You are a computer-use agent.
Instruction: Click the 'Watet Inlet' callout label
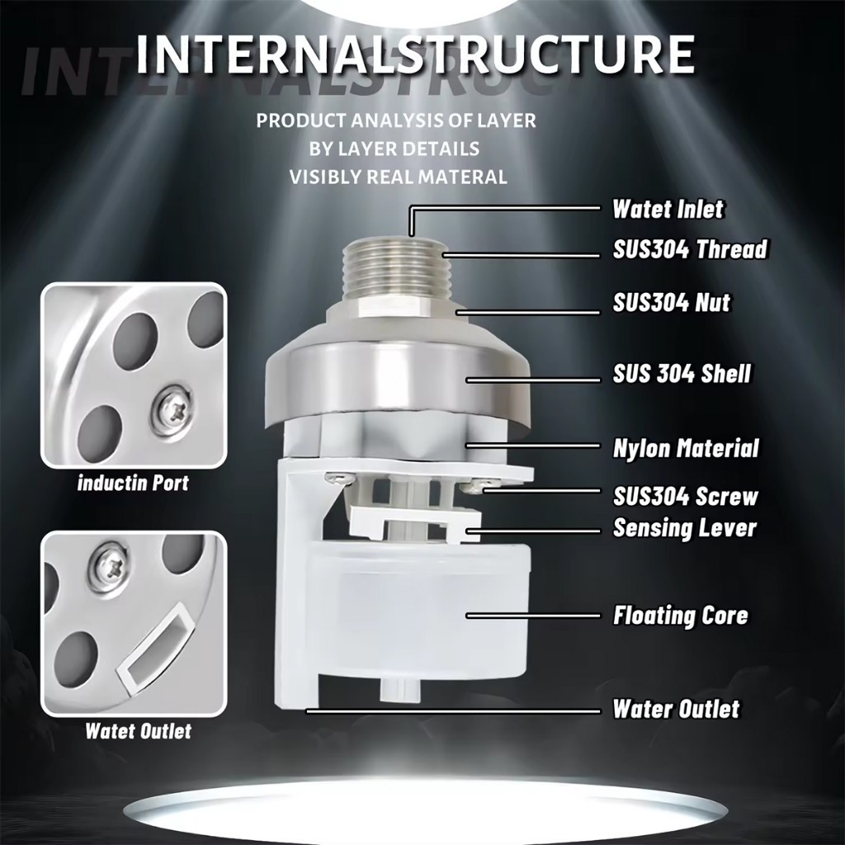coord(668,209)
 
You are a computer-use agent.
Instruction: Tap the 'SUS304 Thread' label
coord(690,249)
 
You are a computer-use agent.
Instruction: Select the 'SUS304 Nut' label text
coord(672,302)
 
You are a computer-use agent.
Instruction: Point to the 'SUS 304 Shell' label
coord(682,374)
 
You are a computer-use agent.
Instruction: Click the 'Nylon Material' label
coord(686,448)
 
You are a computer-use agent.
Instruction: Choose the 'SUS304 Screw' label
coord(686,496)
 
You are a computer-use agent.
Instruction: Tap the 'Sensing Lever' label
coord(685,527)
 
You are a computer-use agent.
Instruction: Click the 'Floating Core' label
coord(681,616)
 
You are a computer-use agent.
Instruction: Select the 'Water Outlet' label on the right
coord(677,709)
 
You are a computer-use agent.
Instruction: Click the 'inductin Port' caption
coord(133,482)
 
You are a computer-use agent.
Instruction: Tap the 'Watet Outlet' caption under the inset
coord(139,731)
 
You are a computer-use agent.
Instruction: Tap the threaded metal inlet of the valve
coord(392,269)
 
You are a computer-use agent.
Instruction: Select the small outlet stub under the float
coord(399,690)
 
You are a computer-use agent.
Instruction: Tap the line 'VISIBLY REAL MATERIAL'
coord(399,177)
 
